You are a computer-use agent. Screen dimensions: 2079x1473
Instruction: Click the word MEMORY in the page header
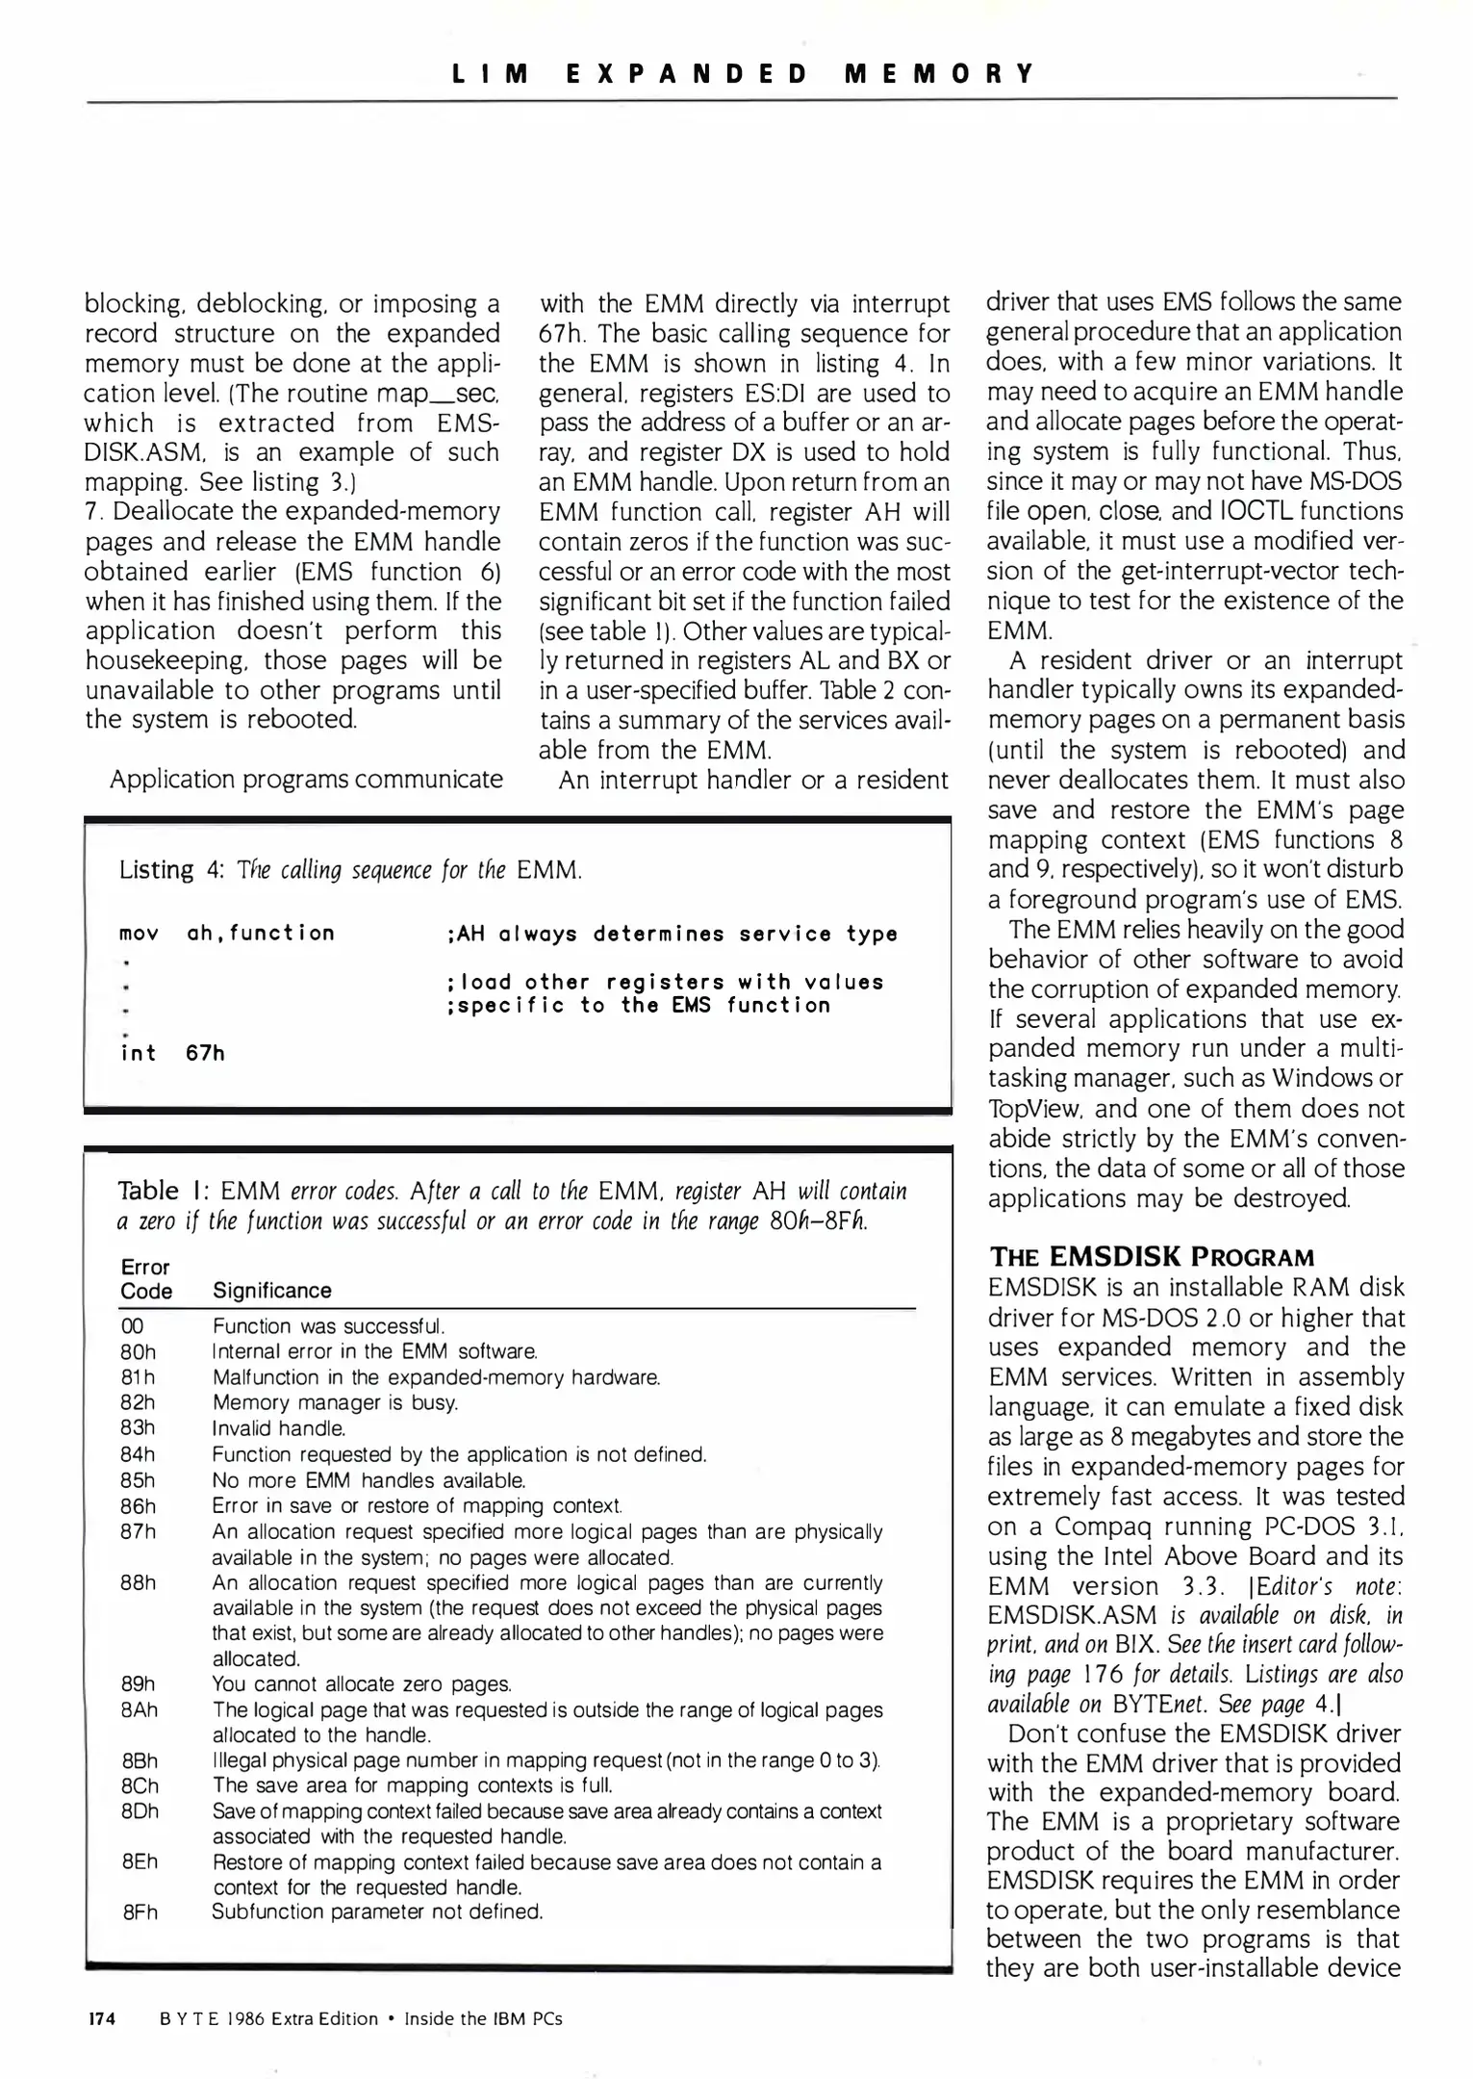coord(938,74)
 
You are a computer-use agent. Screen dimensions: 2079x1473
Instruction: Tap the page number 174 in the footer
coord(101,2018)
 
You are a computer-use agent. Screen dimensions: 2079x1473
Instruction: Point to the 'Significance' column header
coord(271,1291)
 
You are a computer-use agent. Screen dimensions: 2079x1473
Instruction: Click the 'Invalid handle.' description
coord(278,1428)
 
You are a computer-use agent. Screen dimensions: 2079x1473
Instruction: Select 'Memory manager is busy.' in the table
coord(335,1403)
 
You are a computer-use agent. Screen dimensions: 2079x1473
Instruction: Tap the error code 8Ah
coord(140,1710)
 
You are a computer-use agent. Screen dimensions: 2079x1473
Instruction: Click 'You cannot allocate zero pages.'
coord(362,1684)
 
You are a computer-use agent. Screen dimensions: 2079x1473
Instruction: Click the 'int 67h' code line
coord(172,1053)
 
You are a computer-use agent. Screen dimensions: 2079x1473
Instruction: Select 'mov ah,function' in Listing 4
coord(227,933)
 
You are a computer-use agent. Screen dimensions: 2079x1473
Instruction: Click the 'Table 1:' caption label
coord(161,1192)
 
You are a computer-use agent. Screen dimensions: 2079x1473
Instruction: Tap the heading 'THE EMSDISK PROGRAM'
coord(1151,1257)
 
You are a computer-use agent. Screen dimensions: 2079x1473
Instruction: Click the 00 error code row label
coord(132,1326)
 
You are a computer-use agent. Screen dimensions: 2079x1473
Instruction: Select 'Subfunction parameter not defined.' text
coord(377,1912)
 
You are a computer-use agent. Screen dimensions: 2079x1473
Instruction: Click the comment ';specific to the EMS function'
coord(639,1005)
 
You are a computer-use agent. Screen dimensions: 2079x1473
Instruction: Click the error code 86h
coord(138,1505)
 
